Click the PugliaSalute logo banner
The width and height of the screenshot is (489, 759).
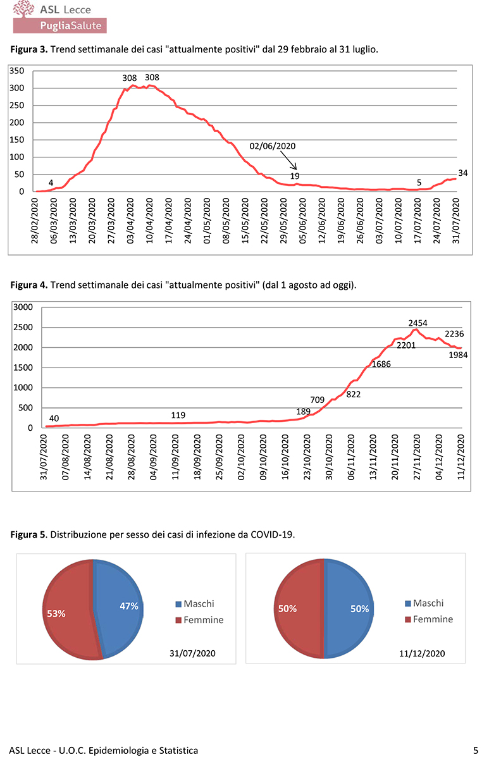pyautogui.click(x=60, y=25)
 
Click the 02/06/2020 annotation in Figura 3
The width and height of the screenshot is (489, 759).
pyautogui.click(x=273, y=145)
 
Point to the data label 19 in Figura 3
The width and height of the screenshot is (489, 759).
pyautogui.click(x=295, y=176)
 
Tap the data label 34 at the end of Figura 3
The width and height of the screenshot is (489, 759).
pyautogui.click(x=462, y=172)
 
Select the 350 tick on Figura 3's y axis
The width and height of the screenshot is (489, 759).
pyautogui.click(x=17, y=71)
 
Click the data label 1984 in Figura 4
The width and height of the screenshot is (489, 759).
pyautogui.click(x=457, y=356)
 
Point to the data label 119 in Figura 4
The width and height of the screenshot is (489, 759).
pyautogui.click(x=178, y=415)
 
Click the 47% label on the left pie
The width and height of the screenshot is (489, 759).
pyautogui.click(x=129, y=606)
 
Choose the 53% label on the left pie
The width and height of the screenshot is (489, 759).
pyautogui.click(x=56, y=614)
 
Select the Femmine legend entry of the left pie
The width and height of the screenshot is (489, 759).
pyautogui.click(x=203, y=620)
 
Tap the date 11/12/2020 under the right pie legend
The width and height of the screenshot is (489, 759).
pyautogui.click(x=422, y=653)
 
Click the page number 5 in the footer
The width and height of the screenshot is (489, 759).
pyautogui.click(x=475, y=750)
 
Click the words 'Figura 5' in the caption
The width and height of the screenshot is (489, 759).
pyautogui.click(x=28, y=534)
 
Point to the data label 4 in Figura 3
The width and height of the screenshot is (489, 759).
pyautogui.click(x=51, y=183)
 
